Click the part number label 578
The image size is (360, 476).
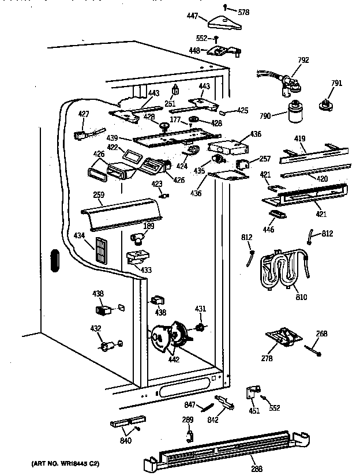pos(245,12)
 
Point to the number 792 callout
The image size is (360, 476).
pos(303,59)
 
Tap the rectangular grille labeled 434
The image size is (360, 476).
pos(102,249)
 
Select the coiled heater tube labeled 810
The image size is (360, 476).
pos(283,271)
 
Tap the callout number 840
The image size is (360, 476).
pos(125,441)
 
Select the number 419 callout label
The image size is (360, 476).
pos(300,139)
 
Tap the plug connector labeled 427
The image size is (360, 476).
pos(81,136)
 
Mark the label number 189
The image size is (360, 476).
pos(149,226)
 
